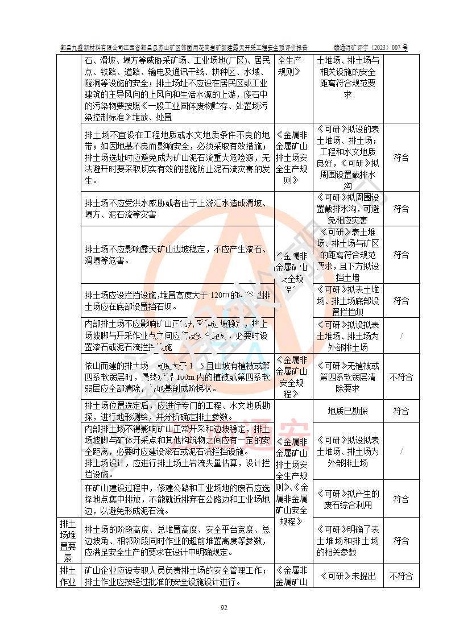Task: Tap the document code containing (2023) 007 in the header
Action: pyautogui.click(x=370, y=48)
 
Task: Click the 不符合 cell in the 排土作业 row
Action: pyautogui.click(x=401, y=575)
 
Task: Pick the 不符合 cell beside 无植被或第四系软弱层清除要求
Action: pyautogui.click(x=401, y=377)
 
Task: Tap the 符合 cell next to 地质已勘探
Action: pyautogui.click(x=401, y=411)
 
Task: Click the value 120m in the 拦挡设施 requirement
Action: pyautogui.click(x=219, y=295)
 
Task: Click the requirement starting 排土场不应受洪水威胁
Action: pyautogui.click(x=176, y=209)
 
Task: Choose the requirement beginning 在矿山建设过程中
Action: pyautogui.click(x=176, y=499)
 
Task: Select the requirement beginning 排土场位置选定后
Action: pyautogui.click(x=176, y=411)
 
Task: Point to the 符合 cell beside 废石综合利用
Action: pyautogui.click(x=401, y=499)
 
